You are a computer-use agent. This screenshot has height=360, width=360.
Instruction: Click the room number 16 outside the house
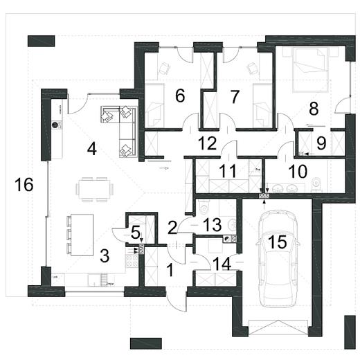[x=24, y=185]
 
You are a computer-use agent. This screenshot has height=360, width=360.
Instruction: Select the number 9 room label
[x=320, y=142]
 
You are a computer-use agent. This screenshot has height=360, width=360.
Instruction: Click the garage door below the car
[x=276, y=326]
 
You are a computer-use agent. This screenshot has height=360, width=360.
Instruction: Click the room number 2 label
[x=172, y=226]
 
